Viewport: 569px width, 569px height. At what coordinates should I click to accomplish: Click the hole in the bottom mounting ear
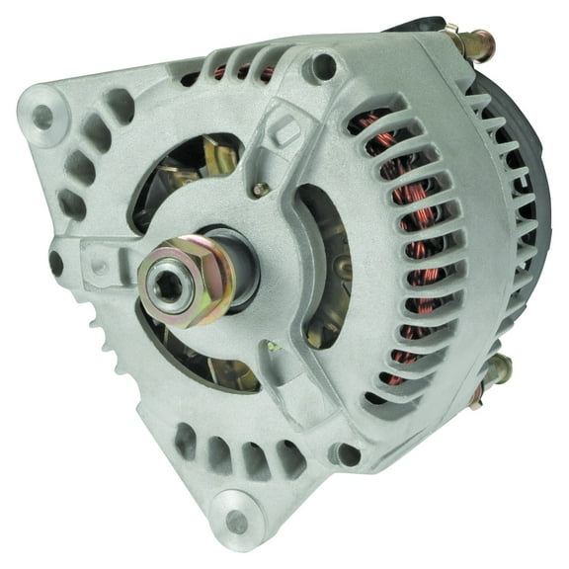pyautogui.click(x=235, y=522)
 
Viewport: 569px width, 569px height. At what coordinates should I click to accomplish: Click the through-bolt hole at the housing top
pyautogui.click(x=321, y=67)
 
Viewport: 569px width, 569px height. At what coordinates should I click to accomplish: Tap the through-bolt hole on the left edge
pyautogui.click(x=56, y=263)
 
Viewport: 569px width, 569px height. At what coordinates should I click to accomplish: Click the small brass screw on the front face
pyautogui.click(x=260, y=189)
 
